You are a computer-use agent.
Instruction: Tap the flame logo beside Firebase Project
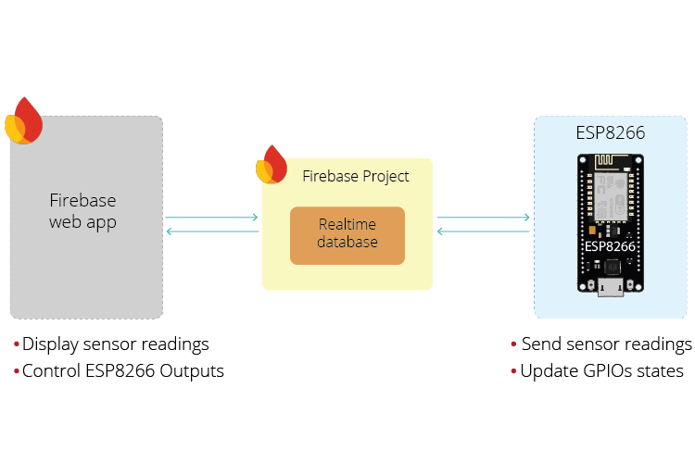272,165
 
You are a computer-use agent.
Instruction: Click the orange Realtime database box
347,236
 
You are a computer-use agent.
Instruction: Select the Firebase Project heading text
356,176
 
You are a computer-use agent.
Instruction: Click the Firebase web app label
82,211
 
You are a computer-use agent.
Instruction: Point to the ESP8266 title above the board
611,133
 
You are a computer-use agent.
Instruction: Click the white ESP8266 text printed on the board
610,246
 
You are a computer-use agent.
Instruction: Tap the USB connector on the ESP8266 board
611,287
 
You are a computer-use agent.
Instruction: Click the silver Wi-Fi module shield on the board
611,197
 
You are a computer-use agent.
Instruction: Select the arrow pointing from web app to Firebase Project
211,217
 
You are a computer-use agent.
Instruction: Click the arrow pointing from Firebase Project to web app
212,231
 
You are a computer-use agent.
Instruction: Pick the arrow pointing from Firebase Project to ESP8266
483,217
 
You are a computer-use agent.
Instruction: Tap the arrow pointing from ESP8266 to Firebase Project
483,231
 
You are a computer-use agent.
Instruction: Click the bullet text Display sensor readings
116,344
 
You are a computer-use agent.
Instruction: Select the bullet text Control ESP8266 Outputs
123,371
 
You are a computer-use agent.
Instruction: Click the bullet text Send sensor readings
606,344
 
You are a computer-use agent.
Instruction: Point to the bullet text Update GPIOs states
602,371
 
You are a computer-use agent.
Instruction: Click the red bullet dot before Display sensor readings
17,344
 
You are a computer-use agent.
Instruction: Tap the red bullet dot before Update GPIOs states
513,370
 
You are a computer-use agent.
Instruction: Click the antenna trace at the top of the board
612,162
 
